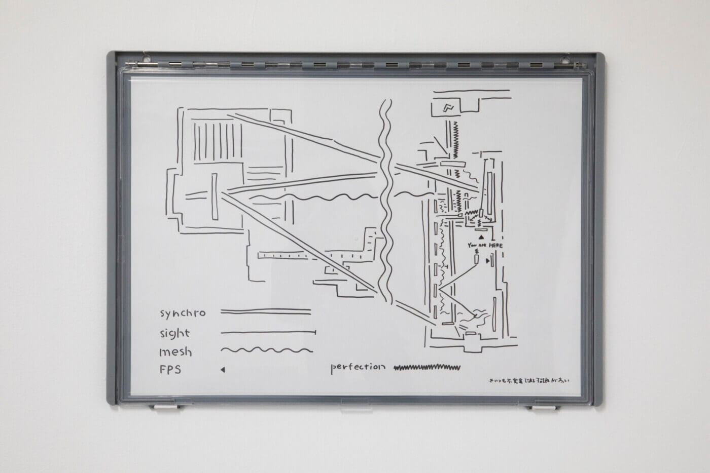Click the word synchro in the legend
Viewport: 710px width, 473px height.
pos(183,313)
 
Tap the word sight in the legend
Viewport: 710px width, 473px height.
pos(174,333)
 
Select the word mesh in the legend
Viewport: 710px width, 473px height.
pos(175,351)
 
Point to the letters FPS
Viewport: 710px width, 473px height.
pos(170,370)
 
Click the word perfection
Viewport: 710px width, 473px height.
pos(358,367)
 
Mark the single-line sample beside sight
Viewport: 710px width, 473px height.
pos(268,333)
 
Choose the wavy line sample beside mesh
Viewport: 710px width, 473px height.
pos(267,349)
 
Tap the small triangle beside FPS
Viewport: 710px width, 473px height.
pos(223,370)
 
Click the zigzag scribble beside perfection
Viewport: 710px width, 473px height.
pos(427,367)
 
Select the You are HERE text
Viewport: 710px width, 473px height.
pos(485,245)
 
